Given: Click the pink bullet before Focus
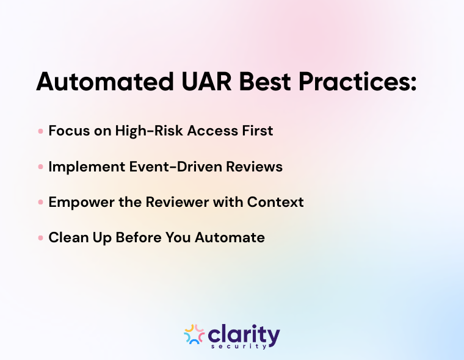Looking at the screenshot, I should pyautogui.click(x=40, y=131).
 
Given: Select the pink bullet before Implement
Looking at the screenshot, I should pyautogui.click(x=40, y=167).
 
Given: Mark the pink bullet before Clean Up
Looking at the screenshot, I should pyautogui.click(x=40, y=238).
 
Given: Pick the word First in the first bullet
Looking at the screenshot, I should pyautogui.click(x=256, y=131).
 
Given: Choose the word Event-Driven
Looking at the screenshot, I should pyautogui.click(x=174, y=167).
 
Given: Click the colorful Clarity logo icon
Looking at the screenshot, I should pyautogui.click(x=194, y=334).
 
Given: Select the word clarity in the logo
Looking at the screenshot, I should pyautogui.click(x=244, y=333).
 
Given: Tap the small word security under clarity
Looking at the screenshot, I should pyautogui.click(x=243, y=346).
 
